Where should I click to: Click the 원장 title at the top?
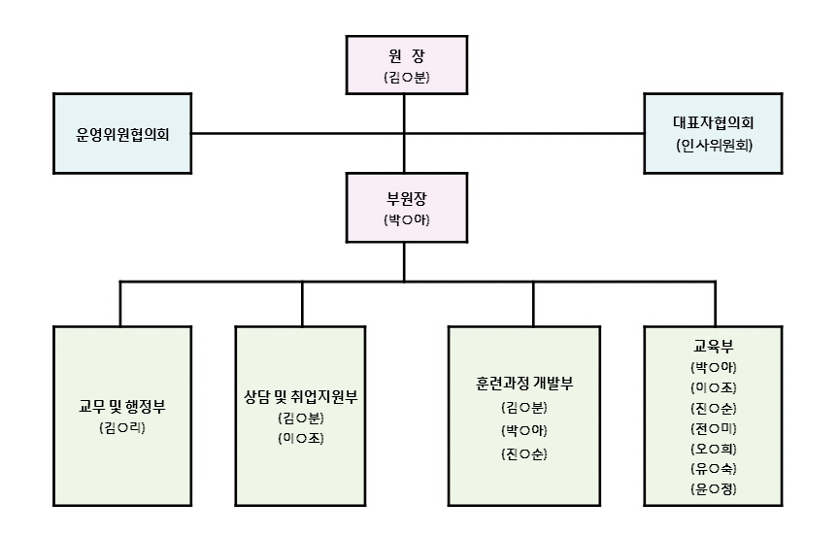click(405, 55)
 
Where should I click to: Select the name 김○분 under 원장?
click(405, 78)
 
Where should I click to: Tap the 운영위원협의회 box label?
click(122, 134)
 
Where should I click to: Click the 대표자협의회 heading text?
click(714, 123)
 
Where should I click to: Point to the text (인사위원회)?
click(714, 146)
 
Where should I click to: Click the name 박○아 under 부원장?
click(405, 220)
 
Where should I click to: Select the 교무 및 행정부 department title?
click(122, 406)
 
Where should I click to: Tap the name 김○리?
click(122, 428)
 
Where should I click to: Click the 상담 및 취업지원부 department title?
click(301, 395)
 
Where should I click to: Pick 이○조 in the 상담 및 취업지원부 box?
click(301, 438)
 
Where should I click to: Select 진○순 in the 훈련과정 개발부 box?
click(532, 453)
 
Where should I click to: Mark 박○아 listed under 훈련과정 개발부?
click(532, 430)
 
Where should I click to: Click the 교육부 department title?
click(714, 347)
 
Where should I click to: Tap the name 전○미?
click(714, 428)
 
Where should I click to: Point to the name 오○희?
click(714, 449)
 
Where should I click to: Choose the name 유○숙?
click(714, 469)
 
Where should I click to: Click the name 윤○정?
click(714, 489)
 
